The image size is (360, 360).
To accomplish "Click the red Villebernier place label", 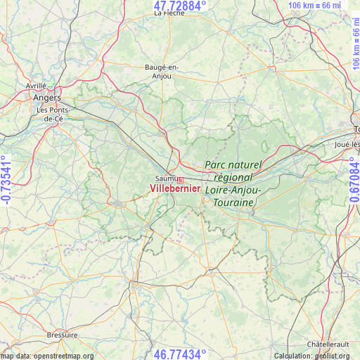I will (175, 189).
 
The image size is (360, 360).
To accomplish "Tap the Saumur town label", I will (165, 179).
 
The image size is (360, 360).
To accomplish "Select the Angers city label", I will (47, 98).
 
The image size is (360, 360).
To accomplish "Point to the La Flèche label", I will (169, 13).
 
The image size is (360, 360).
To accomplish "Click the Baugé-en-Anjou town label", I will (162, 72).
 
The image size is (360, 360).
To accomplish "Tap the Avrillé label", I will (36, 85).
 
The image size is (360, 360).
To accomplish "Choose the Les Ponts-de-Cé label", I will (53, 115).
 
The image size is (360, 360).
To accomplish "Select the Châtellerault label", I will (330, 344).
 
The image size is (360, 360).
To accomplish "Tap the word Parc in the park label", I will (217, 165).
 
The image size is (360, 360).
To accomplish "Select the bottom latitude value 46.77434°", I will (180, 354).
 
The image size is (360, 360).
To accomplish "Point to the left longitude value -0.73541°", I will (6, 180).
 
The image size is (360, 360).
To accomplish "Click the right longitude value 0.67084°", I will (354, 180).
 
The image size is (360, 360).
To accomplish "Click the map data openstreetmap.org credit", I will (46, 356).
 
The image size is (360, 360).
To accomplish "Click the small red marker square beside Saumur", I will (181, 180).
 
